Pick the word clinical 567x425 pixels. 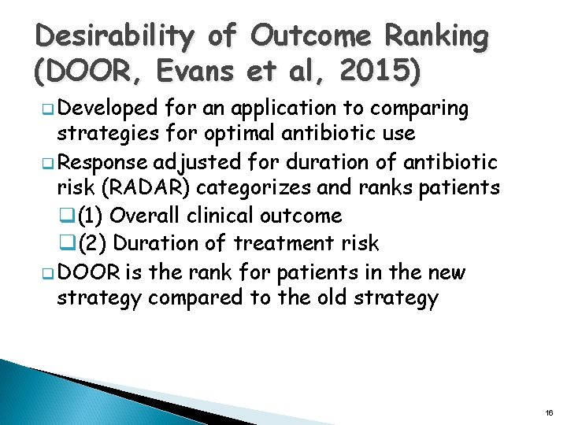pos(218,216)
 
